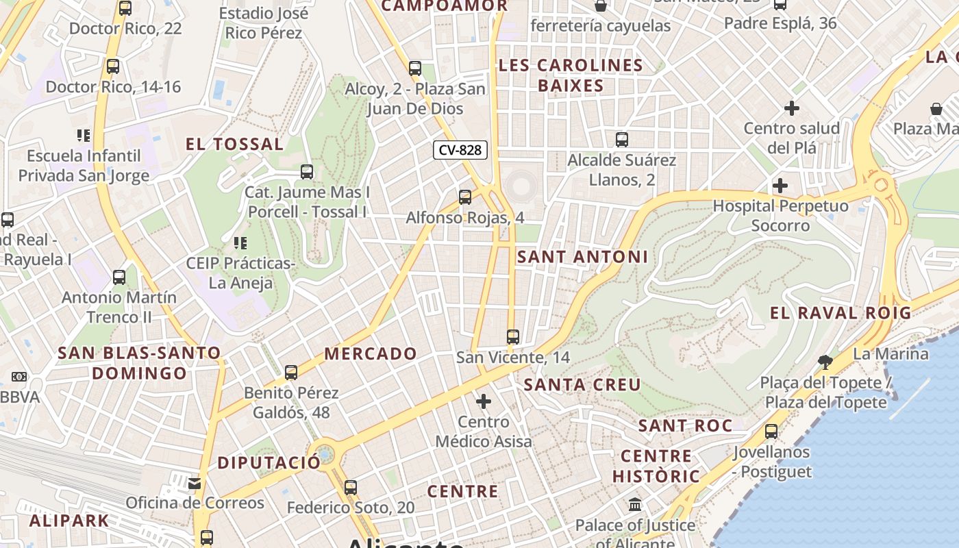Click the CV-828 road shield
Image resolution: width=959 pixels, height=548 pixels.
pyautogui.click(x=460, y=150)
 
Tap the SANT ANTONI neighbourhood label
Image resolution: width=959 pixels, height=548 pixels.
pyautogui.click(x=582, y=257)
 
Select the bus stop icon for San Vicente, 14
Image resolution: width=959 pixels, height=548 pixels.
pyautogui.click(x=513, y=337)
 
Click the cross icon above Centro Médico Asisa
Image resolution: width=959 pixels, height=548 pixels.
pyautogui.click(x=484, y=401)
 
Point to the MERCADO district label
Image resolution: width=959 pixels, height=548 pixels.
pyautogui.click(x=371, y=354)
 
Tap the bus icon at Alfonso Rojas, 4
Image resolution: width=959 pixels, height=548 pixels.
pyautogui.click(x=465, y=197)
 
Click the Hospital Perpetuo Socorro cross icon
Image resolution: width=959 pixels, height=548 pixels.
pyautogui.click(x=780, y=186)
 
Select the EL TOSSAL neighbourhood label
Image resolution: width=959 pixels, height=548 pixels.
pyautogui.click(x=234, y=145)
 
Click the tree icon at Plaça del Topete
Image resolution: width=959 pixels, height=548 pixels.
pyautogui.click(x=825, y=362)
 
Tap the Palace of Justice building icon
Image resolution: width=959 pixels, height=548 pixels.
pyautogui.click(x=635, y=505)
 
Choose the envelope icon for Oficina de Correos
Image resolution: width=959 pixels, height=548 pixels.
pyautogui.click(x=195, y=484)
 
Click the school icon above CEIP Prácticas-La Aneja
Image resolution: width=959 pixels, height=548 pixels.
pyautogui.click(x=240, y=242)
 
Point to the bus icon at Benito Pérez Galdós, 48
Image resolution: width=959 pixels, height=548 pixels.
pyautogui.click(x=291, y=373)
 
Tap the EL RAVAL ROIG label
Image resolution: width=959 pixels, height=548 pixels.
pyautogui.click(x=840, y=313)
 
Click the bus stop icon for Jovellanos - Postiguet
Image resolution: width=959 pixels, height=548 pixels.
pyautogui.click(x=771, y=432)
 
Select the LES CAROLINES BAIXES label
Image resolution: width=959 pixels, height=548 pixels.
pyautogui.click(x=571, y=75)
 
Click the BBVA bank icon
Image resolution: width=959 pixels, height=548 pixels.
pyautogui.click(x=18, y=377)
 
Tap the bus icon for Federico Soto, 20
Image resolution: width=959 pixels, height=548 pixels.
pyautogui.click(x=351, y=488)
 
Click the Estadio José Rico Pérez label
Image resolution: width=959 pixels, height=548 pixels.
pyautogui.click(x=264, y=23)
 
